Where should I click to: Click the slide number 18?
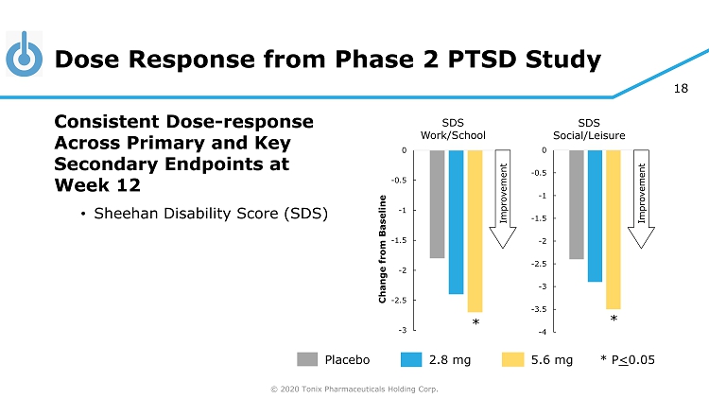pos(681,89)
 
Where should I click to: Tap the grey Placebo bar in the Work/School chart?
pos(437,204)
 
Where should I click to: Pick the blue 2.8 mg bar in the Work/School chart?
pos(456,222)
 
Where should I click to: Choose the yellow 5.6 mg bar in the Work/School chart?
pos(475,231)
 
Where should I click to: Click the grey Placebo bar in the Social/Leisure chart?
pos(576,204)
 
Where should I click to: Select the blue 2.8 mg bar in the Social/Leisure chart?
pos(595,216)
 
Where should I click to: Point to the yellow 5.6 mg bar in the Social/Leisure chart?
pos(613,229)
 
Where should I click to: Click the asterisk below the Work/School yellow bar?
pos(476,323)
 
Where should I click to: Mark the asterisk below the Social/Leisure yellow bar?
pos(614,320)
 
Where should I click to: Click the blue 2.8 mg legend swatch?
pos(410,359)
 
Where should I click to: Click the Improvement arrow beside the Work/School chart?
pos(503,198)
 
